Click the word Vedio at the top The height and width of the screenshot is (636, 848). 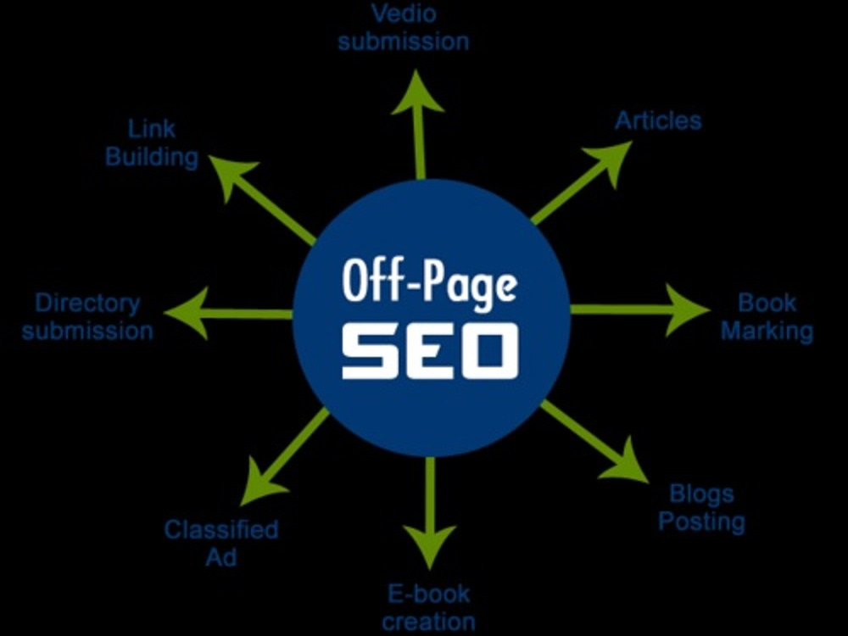pos(404,14)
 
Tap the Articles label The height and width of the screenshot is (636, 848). pos(658,120)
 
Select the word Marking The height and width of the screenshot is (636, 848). pos(767,332)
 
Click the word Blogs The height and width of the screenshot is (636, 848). pos(701,494)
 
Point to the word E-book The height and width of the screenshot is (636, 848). pos(429,594)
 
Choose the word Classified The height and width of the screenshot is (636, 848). pos(221,529)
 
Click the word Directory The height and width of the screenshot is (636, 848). pos(87,304)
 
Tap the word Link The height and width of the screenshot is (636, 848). pos(152,129)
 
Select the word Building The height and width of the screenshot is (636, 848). pos(152,158)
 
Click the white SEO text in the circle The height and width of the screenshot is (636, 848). pos(430,350)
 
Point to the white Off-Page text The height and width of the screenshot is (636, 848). pos(430,282)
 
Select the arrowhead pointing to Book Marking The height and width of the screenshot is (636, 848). pos(688,310)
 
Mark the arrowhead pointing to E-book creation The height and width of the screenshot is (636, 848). pos(430,546)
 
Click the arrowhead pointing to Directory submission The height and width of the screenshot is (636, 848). pos(187,313)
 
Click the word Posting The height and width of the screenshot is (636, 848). pos(701,522)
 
